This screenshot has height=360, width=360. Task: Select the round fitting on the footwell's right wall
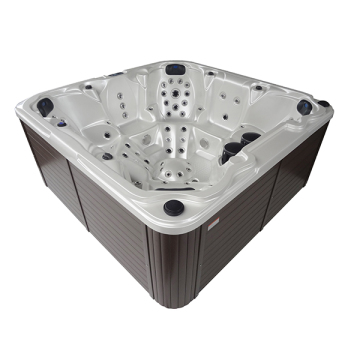pos(205,160)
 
